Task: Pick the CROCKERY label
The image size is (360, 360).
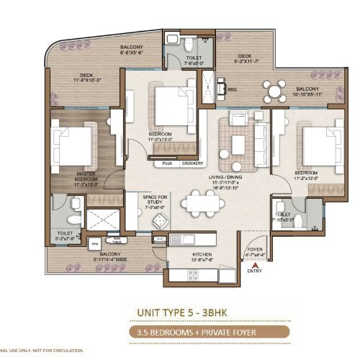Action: coord(192,163)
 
